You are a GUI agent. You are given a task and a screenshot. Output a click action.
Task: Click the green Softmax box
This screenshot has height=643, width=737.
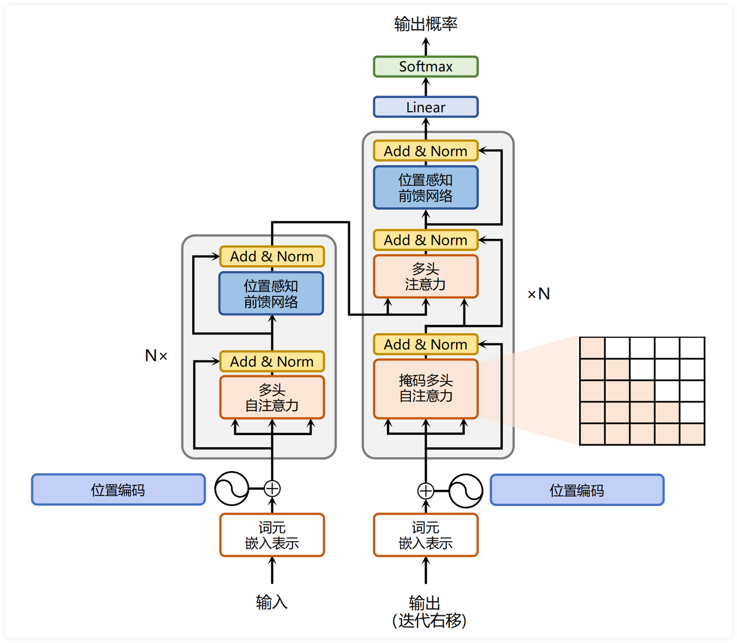point(426,67)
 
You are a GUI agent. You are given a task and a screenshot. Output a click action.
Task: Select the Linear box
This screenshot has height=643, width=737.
point(426,107)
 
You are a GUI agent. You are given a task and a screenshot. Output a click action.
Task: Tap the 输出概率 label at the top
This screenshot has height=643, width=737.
point(426,24)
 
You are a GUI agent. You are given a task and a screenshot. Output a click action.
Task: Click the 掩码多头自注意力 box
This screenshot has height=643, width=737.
point(426,389)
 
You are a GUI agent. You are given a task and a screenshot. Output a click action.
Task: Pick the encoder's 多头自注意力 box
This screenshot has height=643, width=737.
point(272,397)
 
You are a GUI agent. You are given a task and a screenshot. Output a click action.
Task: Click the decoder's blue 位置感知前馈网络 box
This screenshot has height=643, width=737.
point(426,188)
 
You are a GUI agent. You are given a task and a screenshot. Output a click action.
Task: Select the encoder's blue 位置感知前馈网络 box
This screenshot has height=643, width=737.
point(271,294)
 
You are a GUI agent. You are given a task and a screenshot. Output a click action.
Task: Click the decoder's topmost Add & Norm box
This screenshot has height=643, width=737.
point(426,151)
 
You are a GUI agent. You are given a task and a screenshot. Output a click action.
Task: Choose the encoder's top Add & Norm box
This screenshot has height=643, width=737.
point(272,256)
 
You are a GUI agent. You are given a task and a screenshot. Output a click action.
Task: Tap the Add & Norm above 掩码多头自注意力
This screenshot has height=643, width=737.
point(426,344)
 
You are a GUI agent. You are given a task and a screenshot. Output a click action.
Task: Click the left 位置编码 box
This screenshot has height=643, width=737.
point(118,490)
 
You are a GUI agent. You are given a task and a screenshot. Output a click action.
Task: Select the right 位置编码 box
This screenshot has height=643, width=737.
point(577,490)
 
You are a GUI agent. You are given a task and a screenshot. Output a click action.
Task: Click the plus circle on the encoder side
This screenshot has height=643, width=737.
point(272,489)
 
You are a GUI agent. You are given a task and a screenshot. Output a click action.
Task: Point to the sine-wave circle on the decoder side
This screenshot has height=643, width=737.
point(465,490)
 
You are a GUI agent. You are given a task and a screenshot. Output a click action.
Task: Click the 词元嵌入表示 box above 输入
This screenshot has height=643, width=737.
point(272,535)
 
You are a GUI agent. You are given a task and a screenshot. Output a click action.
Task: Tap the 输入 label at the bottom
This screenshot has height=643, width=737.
point(272,602)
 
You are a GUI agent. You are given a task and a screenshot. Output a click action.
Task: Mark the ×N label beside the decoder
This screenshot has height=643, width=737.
point(538,294)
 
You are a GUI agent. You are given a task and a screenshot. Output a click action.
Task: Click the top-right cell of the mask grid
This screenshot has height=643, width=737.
point(692,348)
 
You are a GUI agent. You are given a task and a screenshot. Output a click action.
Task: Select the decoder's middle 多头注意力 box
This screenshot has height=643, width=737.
point(426,276)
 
